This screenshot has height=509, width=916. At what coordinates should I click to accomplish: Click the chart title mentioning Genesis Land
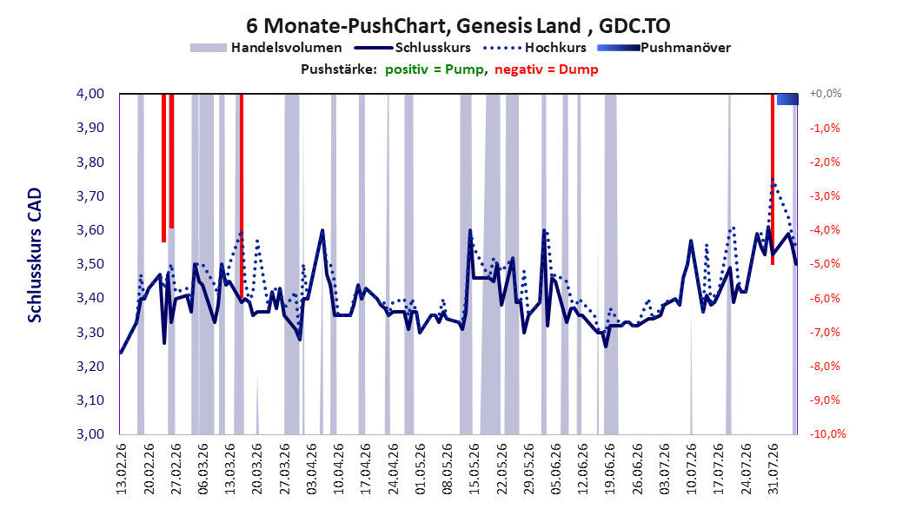tap(458, 26)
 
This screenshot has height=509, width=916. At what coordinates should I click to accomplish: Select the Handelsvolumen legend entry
tap(267, 48)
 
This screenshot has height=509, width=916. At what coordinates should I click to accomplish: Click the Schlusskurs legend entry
tap(413, 48)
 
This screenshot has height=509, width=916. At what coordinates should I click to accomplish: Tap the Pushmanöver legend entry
tap(664, 48)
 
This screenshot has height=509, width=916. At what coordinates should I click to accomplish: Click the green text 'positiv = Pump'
tap(435, 69)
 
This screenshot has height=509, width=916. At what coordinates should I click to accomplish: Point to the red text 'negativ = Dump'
tap(547, 69)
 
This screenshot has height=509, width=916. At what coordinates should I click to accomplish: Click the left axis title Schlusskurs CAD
tap(35, 255)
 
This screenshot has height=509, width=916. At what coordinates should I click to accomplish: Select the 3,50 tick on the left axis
tap(90, 264)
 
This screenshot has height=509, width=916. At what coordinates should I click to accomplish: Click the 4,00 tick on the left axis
tap(90, 94)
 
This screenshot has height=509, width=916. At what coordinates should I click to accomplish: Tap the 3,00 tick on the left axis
tap(90, 434)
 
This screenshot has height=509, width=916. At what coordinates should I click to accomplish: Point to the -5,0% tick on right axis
tap(825, 264)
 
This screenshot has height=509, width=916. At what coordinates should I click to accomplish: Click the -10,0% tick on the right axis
tap(827, 434)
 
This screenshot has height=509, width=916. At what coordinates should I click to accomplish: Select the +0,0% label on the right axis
tap(826, 94)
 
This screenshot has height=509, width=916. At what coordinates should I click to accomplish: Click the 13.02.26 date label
tap(122, 469)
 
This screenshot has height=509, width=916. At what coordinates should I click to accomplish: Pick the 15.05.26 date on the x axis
tap(475, 469)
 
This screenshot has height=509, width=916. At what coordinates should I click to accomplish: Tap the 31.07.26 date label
tap(773, 469)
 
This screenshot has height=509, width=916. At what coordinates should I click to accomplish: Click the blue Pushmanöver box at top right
tap(787, 99)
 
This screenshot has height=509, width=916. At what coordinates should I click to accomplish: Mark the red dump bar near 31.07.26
tap(773, 179)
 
